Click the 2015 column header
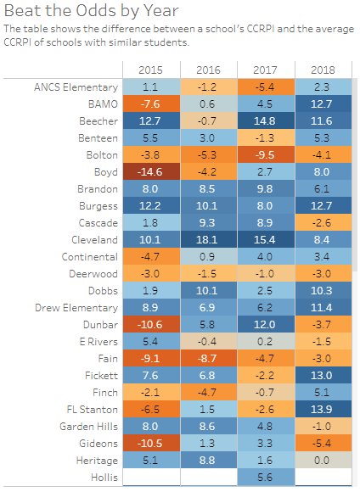pyautogui.click(x=150, y=70)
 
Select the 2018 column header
pyautogui.click(x=323, y=70)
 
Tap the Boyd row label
pyautogui.click(x=106, y=172)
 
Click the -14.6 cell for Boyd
pyautogui.click(x=151, y=171)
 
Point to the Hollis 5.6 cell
pyautogui.click(x=266, y=478)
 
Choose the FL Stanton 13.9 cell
pyautogui.click(x=323, y=409)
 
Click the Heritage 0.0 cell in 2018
pyautogui.click(x=323, y=461)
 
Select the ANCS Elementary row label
pyautogui.click(x=76, y=87)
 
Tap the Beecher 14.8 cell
pyautogui.click(x=266, y=120)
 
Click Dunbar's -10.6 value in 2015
pyautogui.click(x=151, y=324)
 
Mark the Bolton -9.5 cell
pyautogui.click(x=266, y=154)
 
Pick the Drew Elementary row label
pyautogui.click(x=76, y=308)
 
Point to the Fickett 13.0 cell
pyautogui.click(x=323, y=375)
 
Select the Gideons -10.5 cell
pyautogui.click(x=151, y=444)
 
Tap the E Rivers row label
pyautogui.click(x=98, y=341)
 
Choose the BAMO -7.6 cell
pyautogui.click(x=151, y=103)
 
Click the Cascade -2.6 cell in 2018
pyautogui.click(x=323, y=223)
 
